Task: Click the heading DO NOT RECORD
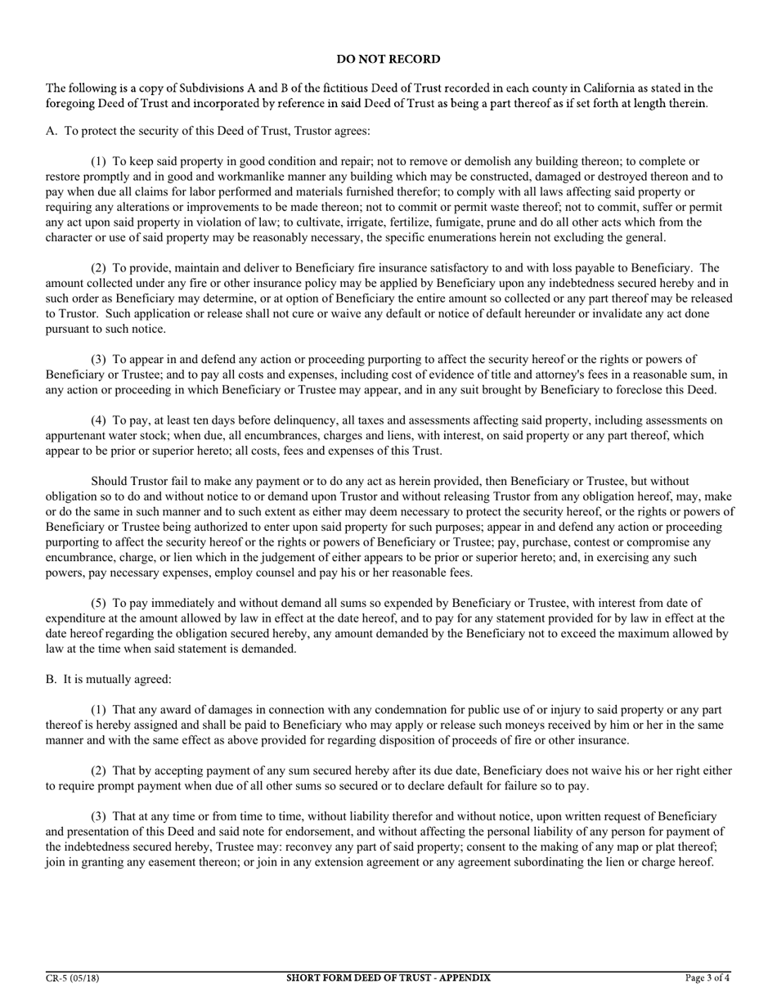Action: click(388, 60)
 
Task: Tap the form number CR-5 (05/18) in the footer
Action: click(73, 977)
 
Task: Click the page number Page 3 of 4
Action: click(707, 977)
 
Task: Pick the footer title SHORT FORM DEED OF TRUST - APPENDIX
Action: click(388, 977)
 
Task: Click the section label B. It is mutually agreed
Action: click(109, 680)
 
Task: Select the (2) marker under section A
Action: click(99, 268)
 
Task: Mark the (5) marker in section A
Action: click(99, 604)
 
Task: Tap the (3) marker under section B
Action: click(99, 816)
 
